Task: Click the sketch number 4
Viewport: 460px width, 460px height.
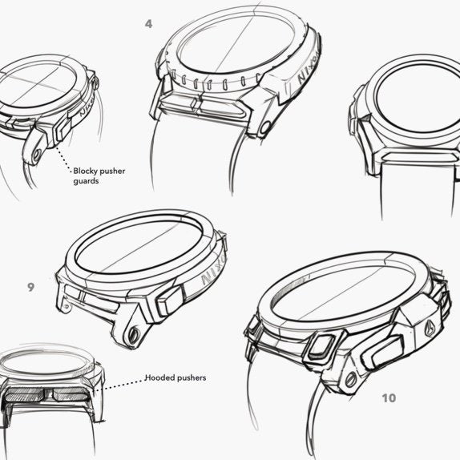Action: point(149,24)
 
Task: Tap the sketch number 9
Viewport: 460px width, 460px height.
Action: point(30,287)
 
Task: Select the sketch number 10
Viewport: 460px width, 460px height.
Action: point(389,398)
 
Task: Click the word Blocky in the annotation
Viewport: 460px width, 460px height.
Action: point(87,171)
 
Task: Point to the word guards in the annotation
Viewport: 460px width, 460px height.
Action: point(86,181)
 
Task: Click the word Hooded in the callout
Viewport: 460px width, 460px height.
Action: point(160,377)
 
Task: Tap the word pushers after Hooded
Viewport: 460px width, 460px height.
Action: point(192,378)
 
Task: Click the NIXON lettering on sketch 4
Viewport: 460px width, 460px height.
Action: point(308,70)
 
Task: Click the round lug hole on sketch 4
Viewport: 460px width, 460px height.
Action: point(265,127)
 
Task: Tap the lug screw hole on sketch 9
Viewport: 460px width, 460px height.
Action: point(134,334)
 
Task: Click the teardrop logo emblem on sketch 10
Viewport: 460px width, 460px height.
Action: point(429,329)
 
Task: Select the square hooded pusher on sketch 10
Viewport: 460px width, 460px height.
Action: point(321,346)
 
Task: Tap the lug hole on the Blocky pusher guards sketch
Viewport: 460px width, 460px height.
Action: point(37,155)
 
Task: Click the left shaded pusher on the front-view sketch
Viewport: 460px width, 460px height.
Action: point(24,395)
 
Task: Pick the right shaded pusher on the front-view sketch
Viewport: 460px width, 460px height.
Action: point(71,395)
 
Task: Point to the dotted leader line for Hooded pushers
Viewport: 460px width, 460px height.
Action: point(121,385)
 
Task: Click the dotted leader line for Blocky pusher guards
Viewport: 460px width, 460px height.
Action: point(63,159)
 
